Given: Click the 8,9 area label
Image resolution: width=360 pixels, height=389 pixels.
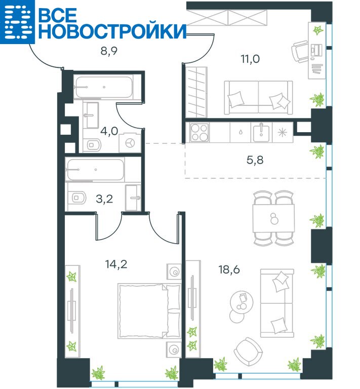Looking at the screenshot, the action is (x=109, y=51).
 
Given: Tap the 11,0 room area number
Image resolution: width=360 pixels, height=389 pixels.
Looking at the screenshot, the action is (x=250, y=59).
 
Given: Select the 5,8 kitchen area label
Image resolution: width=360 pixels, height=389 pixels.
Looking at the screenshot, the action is (x=255, y=160).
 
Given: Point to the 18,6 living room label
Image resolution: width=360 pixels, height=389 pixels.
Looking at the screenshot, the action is (x=229, y=269).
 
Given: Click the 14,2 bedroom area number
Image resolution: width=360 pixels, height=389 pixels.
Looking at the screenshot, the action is (x=116, y=264).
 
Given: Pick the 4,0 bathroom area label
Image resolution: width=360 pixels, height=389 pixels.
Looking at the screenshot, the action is (x=109, y=131).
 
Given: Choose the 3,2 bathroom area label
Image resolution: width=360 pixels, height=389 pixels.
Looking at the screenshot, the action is (x=104, y=199).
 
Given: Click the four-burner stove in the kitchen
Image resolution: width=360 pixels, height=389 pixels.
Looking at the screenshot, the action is (x=199, y=133).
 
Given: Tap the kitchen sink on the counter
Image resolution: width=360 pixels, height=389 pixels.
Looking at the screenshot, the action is (x=261, y=133).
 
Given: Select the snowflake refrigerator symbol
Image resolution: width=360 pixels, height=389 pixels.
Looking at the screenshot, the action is (x=283, y=133).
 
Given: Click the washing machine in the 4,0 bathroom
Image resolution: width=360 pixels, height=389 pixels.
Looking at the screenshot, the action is (x=130, y=143).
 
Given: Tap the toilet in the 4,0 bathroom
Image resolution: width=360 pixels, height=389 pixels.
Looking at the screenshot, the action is (x=93, y=145).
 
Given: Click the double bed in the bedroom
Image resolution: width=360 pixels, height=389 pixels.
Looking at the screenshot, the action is (x=149, y=311).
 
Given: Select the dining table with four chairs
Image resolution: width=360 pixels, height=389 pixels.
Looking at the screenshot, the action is (x=274, y=218).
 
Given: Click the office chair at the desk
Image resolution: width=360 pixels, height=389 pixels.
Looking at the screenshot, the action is (x=300, y=52).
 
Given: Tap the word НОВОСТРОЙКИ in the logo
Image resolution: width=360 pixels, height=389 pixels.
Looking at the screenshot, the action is (x=112, y=31).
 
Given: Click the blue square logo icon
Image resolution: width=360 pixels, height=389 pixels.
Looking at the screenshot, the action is (x=17, y=22).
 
